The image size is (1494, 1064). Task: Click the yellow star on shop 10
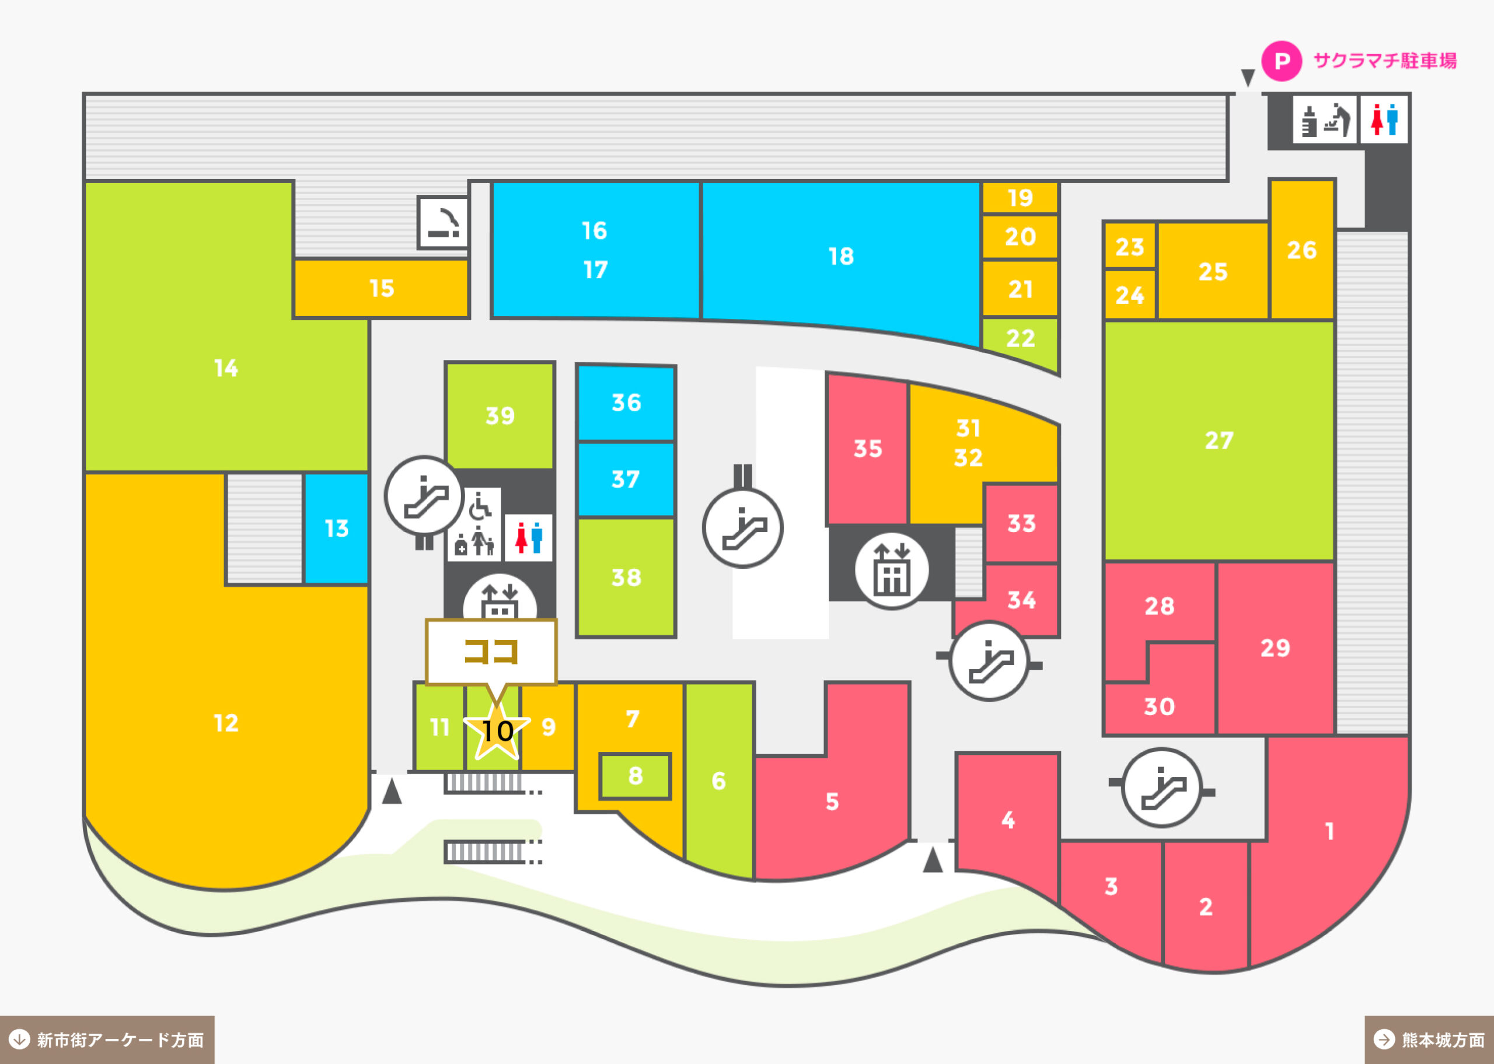pyautogui.click(x=497, y=730)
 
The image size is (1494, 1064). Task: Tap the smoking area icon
pyautogui.click(x=444, y=222)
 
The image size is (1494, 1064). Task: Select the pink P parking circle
pyautogui.click(x=1282, y=61)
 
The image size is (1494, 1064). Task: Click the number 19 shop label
pyautogui.click(x=1020, y=198)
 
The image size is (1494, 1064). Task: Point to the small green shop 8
pyautogui.click(x=635, y=776)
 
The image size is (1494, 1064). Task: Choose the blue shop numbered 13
pyautogui.click(x=336, y=528)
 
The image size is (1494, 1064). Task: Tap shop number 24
pyautogui.click(x=1130, y=295)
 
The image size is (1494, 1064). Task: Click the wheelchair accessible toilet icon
pyautogui.click(x=480, y=506)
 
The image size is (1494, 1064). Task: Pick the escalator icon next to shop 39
pyautogui.click(x=425, y=496)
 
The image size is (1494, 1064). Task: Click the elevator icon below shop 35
pyautogui.click(x=891, y=569)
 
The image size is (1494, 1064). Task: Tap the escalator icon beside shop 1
pyautogui.click(x=1162, y=787)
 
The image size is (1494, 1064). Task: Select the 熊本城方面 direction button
pyautogui.click(x=1429, y=1039)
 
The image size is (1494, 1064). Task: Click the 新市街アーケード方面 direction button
pyautogui.click(x=107, y=1039)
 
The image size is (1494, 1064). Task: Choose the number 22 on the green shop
pyautogui.click(x=1020, y=339)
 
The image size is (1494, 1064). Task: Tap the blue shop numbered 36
pyautogui.click(x=626, y=403)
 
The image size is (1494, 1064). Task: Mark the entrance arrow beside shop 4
pyautogui.click(x=933, y=860)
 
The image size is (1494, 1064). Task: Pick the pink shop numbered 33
pyautogui.click(x=1021, y=523)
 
